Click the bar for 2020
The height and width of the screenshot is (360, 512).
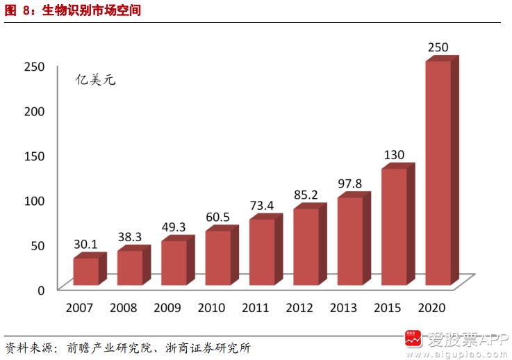click(438, 174)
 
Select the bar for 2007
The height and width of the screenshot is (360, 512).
click(85, 271)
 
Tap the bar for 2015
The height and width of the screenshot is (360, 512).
click(394, 227)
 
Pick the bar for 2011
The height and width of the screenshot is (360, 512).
click(262, 252)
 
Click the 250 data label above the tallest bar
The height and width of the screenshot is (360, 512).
click(438, 48)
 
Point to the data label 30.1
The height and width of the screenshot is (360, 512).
click(85, 245)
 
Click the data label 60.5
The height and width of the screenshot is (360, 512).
click(217, 218)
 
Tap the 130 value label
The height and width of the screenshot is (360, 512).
click(394, 155)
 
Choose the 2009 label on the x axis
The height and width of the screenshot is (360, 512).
click(166, 307)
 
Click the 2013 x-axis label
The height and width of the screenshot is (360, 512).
click(342, 307)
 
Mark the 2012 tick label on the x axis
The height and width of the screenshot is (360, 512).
click(299, 307)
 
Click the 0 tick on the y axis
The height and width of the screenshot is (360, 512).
click(41, 289)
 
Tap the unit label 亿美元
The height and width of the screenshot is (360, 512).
click(95, 79)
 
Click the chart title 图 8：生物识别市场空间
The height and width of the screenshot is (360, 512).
click(72, 10)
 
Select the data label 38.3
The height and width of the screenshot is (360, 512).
click(129, 237)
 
